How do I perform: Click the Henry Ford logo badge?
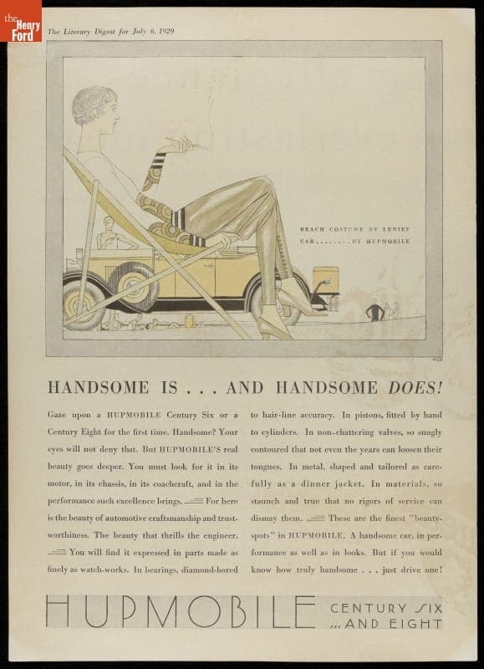(x=22, y=21)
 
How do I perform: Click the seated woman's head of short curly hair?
(x=91, y=105)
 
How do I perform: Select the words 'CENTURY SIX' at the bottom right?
(x=385, y=608)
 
